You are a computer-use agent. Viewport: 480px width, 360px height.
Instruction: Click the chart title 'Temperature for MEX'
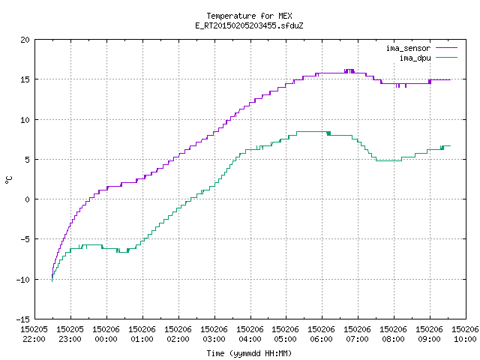pyautogui.click(x=249, y=16)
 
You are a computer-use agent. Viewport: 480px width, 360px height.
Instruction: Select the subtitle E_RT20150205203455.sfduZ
pyautogui.click(x=249, y=25)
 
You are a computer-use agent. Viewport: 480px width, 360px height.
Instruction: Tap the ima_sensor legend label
pyautogui.click(x=408, y=48)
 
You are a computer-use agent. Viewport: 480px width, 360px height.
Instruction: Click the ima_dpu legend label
pyautogui.click(x=415, y=58)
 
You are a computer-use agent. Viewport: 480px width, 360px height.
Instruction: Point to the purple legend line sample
pyautogui.click(x=447, y=48)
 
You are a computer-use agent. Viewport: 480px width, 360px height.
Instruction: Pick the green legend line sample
pyautogui.click(x=447, y=58)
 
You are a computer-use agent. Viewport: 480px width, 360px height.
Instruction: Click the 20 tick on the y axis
pyautogui.click(x=25, y=40)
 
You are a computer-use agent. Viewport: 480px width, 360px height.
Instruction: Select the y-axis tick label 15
pyautogui.click(x=25, y=79)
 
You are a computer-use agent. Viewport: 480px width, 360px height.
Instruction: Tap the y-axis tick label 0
pyautogui.click(x=28, y=199)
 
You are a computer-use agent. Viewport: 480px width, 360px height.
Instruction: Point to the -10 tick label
pyautogui.click(x=23, y=280)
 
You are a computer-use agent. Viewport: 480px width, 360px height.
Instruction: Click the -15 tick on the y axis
pyautogui.click(x=23, y=319)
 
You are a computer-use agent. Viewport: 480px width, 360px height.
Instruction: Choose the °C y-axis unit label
pyautogui.click(x=8, y=180)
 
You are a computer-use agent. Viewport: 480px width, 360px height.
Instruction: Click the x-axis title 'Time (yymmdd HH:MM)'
pyautogui.click(x=249, y=353)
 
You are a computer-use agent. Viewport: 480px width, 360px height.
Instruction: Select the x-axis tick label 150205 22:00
pyautogui.click(x=34, y=334)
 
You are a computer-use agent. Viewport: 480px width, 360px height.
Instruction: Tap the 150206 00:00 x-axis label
pyautogui.click(x=106, y=334)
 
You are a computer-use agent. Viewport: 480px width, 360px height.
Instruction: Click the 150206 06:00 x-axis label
pyautogui.click(x=322, y=334)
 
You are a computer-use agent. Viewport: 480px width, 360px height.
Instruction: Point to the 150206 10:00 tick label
pyautogui.click(x=465, y=334)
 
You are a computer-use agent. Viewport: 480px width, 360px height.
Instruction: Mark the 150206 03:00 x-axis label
pyautogui.click(x=214, y=334)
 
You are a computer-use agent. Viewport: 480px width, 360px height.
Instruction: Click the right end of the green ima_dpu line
pyautogui.click(x=450, y=146)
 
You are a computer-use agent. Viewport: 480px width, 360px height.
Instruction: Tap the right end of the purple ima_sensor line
pyautogui.click(x=450, y=80)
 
